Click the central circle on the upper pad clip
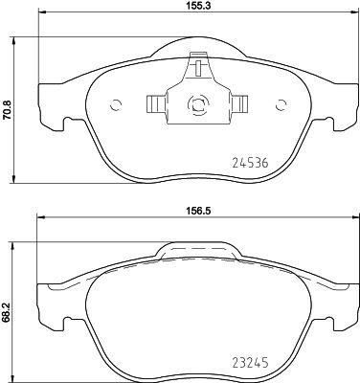(195, 106)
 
